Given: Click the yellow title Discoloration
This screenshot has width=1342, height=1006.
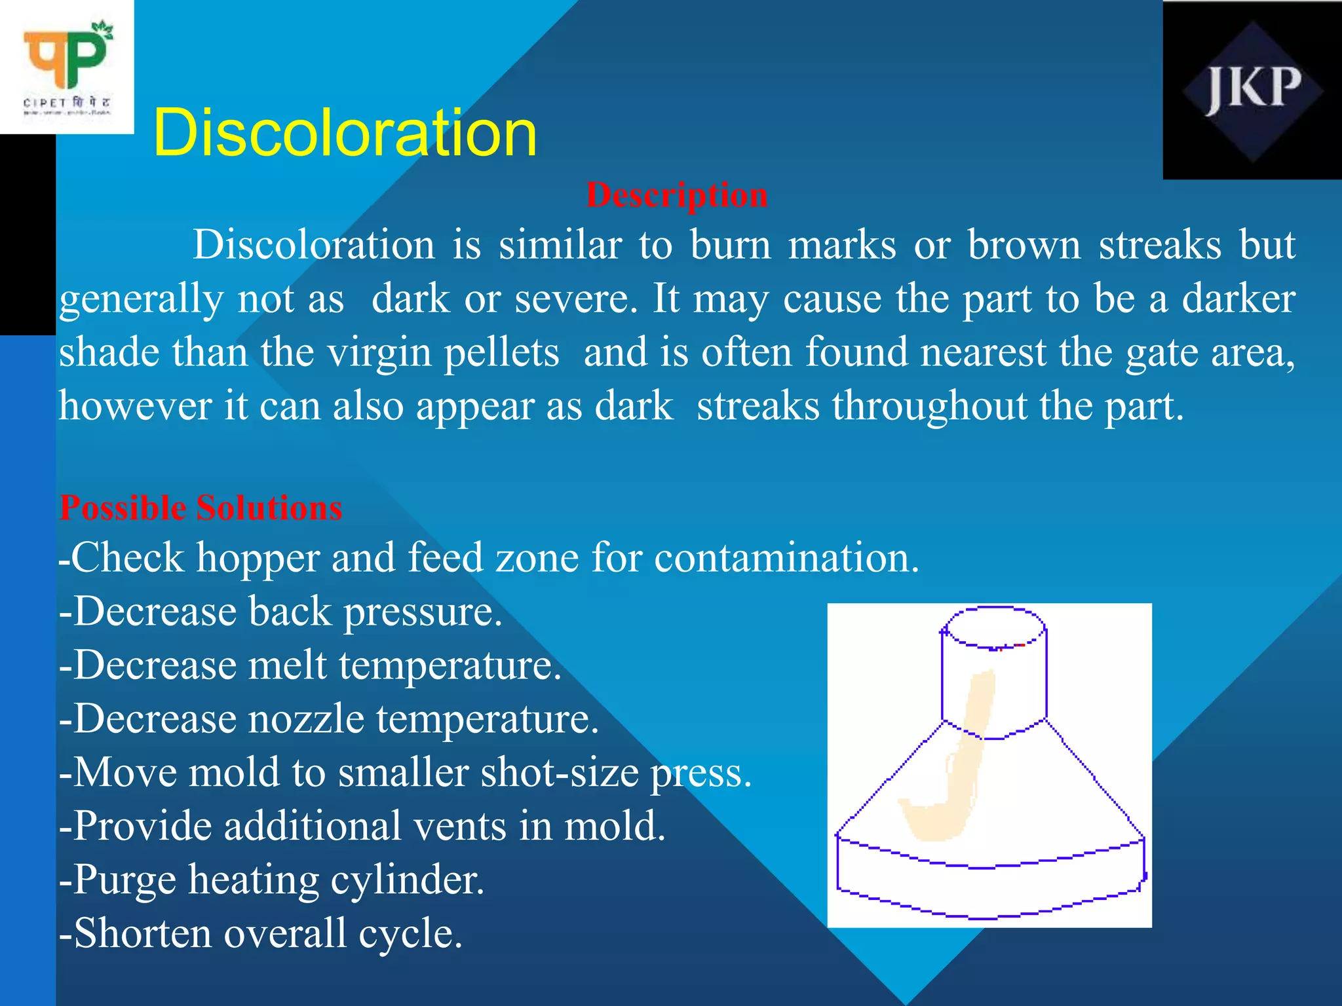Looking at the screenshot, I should pyautogui.click(x=345, y=133).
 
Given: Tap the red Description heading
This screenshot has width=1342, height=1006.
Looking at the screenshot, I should pyautogui.click(x=676, y=195).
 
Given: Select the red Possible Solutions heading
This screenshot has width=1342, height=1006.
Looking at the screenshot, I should pyautogui.click(x=201, y=508).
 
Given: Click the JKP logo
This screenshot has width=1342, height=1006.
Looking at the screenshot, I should pyautogui.click(x=1252, y=90).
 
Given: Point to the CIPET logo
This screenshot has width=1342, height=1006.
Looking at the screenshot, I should pyautogui.click(x=67, y=67).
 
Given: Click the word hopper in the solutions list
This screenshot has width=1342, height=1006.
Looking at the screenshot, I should pyautogui.click(x=258, y=558).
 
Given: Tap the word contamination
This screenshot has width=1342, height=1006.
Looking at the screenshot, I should pyautogui.click(x=786, y=558).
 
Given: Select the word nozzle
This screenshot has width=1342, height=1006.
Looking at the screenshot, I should pyautogui.click(x=305, y=719).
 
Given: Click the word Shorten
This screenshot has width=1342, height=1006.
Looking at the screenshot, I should pyautogui.click(x=144, y=933).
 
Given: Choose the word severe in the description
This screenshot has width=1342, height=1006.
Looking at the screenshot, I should pyautogui.click(x=575, y=299).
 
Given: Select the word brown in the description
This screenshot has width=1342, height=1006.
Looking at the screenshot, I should pyautogui.click(x=1024, y=246).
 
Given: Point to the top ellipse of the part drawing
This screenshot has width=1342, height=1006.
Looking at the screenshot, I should pyautogui.click(x=994, y=627).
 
